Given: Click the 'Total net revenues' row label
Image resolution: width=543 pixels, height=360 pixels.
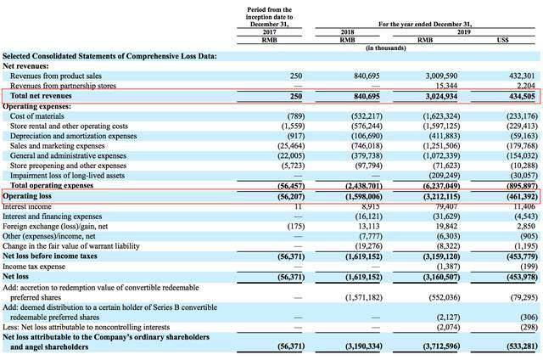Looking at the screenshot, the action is tap(41, 96).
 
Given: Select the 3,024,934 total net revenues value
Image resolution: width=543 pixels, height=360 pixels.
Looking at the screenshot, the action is tap(441, 96).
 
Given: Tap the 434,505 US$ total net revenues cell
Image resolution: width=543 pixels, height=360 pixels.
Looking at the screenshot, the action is tap(522, 96).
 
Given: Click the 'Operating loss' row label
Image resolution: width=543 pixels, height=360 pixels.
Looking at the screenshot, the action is tap(27, 196).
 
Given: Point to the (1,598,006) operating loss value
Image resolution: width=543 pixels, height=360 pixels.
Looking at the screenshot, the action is tap(364, 196).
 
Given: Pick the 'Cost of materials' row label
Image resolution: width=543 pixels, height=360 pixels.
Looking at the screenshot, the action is tap(37, 116).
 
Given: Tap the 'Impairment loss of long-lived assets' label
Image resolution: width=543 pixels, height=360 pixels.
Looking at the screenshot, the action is tap(67, 176).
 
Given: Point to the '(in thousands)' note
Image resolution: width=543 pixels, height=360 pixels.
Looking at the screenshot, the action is tap(386, 48).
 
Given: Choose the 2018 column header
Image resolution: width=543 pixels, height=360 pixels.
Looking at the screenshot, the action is tap(347, 32).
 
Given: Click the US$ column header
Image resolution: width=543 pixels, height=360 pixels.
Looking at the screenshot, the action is tap(502, 40).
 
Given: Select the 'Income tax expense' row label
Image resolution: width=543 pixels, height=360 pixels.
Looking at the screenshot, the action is tap(34, 267).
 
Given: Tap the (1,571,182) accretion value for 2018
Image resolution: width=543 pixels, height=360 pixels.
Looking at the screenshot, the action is tap(364, 297).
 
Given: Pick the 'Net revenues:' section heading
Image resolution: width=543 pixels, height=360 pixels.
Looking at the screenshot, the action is tap(25, 66).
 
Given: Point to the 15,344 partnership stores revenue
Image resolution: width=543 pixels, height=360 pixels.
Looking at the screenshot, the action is tap(446, 86).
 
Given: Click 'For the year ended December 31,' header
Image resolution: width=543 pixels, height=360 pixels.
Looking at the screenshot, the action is tap(425, 24).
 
